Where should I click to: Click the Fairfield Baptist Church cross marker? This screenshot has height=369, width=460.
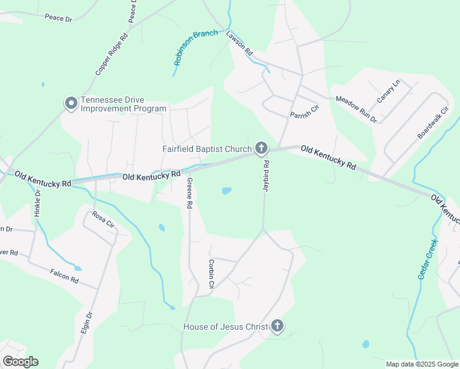click(261, 148)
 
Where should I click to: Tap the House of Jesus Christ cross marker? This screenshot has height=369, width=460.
click(277, 326)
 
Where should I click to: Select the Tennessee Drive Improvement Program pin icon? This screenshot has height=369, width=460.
click(71, 104)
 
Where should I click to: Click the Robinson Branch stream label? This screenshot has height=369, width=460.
click(195, 47)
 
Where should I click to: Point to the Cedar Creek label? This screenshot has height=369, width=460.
click(427, 260)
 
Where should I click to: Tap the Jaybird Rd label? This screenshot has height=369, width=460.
click(267, 177)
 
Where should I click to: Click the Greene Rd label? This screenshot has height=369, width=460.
click(190, 192)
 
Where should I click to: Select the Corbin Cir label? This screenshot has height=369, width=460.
click(211, 274)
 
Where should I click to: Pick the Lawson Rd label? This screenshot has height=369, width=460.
click(240, 44)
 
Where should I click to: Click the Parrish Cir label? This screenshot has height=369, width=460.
click(305, 111)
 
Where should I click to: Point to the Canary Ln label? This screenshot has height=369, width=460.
click(389, 91)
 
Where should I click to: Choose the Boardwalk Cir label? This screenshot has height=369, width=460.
click(433, 121)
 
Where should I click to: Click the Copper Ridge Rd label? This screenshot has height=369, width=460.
click(111, 54)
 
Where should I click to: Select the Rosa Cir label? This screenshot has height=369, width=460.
click(103, 219)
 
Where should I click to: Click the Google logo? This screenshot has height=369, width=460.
click(20, 362)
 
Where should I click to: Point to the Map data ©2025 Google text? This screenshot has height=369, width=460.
click(422, 364)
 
